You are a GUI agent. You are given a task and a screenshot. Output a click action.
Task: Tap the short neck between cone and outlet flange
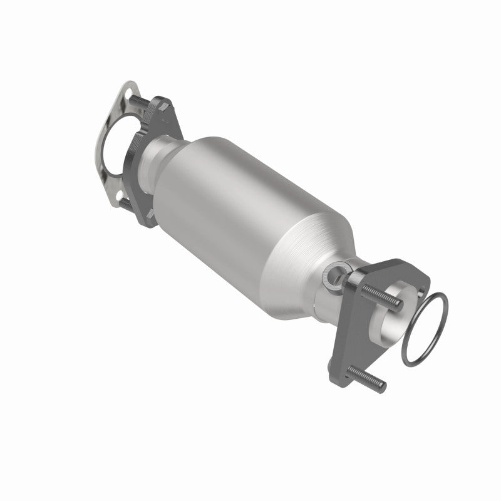(x=329, y=294)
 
